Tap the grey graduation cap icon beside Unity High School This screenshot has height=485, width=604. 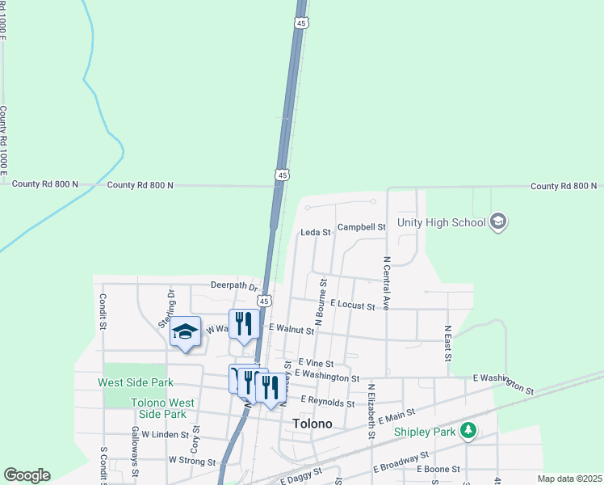coord(498,222)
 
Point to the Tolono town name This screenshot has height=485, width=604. coord(312,424)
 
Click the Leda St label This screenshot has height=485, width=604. coord(316,232)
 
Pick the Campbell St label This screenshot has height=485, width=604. coord(361,227)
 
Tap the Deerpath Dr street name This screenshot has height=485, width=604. coord(233,285)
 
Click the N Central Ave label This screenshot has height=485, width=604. coord(387,283)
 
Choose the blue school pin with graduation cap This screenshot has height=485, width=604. coord(185,332)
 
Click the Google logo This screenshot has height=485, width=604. coord(27,475)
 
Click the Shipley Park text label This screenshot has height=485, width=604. coord(426,432)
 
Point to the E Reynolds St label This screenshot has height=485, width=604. coord(327,402)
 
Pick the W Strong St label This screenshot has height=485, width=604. coord(191,460)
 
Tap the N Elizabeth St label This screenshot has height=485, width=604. coord(371,411)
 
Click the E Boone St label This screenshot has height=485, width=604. coord(438,469)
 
